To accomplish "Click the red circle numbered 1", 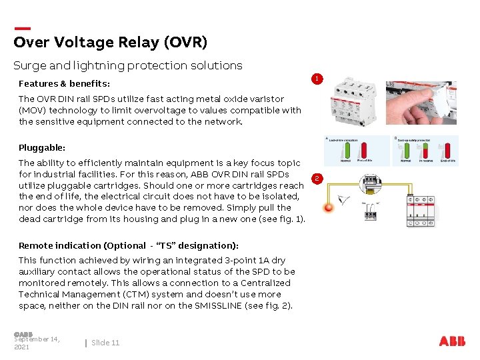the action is coord(318,79).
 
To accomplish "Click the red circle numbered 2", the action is coord(318,178).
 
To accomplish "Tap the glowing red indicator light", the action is coord(328,208).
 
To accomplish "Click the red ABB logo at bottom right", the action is coord(453,341).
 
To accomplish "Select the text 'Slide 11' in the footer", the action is coord(105,343).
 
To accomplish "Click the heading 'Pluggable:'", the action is coord(42,147).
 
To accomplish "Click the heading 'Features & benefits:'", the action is coord(64,84).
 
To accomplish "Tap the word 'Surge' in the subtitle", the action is coord(29,65).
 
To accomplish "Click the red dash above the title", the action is coord(22,29).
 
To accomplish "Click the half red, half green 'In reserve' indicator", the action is coord(426,150).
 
